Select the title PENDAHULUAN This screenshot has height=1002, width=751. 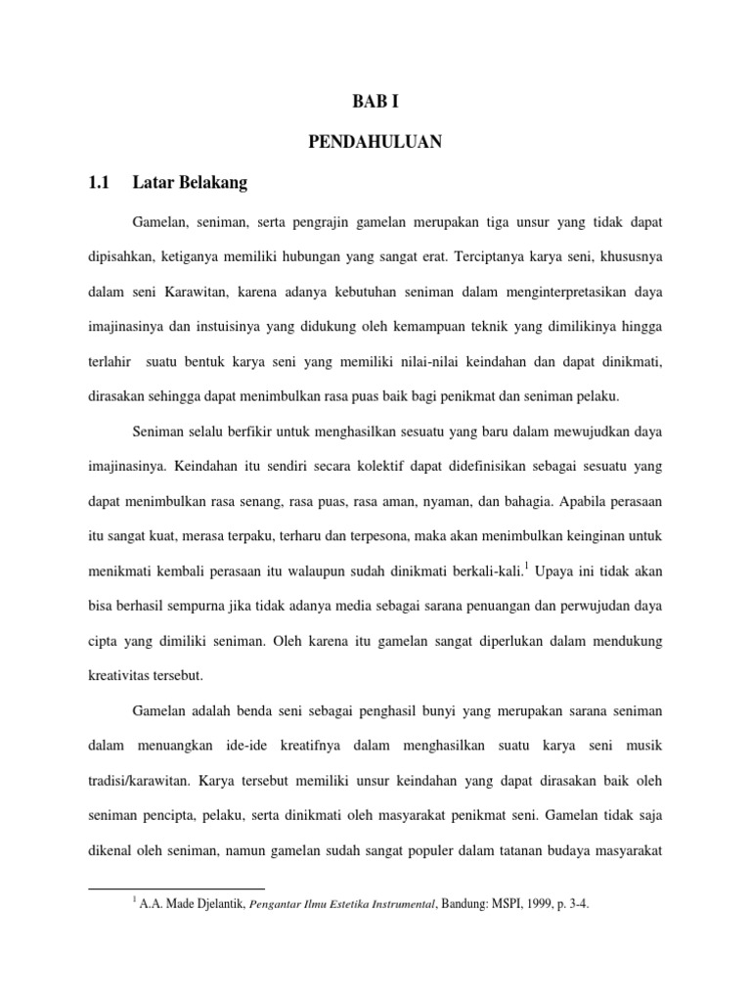[x=375, y=143]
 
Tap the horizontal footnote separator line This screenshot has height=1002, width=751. [x=169, y=888]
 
